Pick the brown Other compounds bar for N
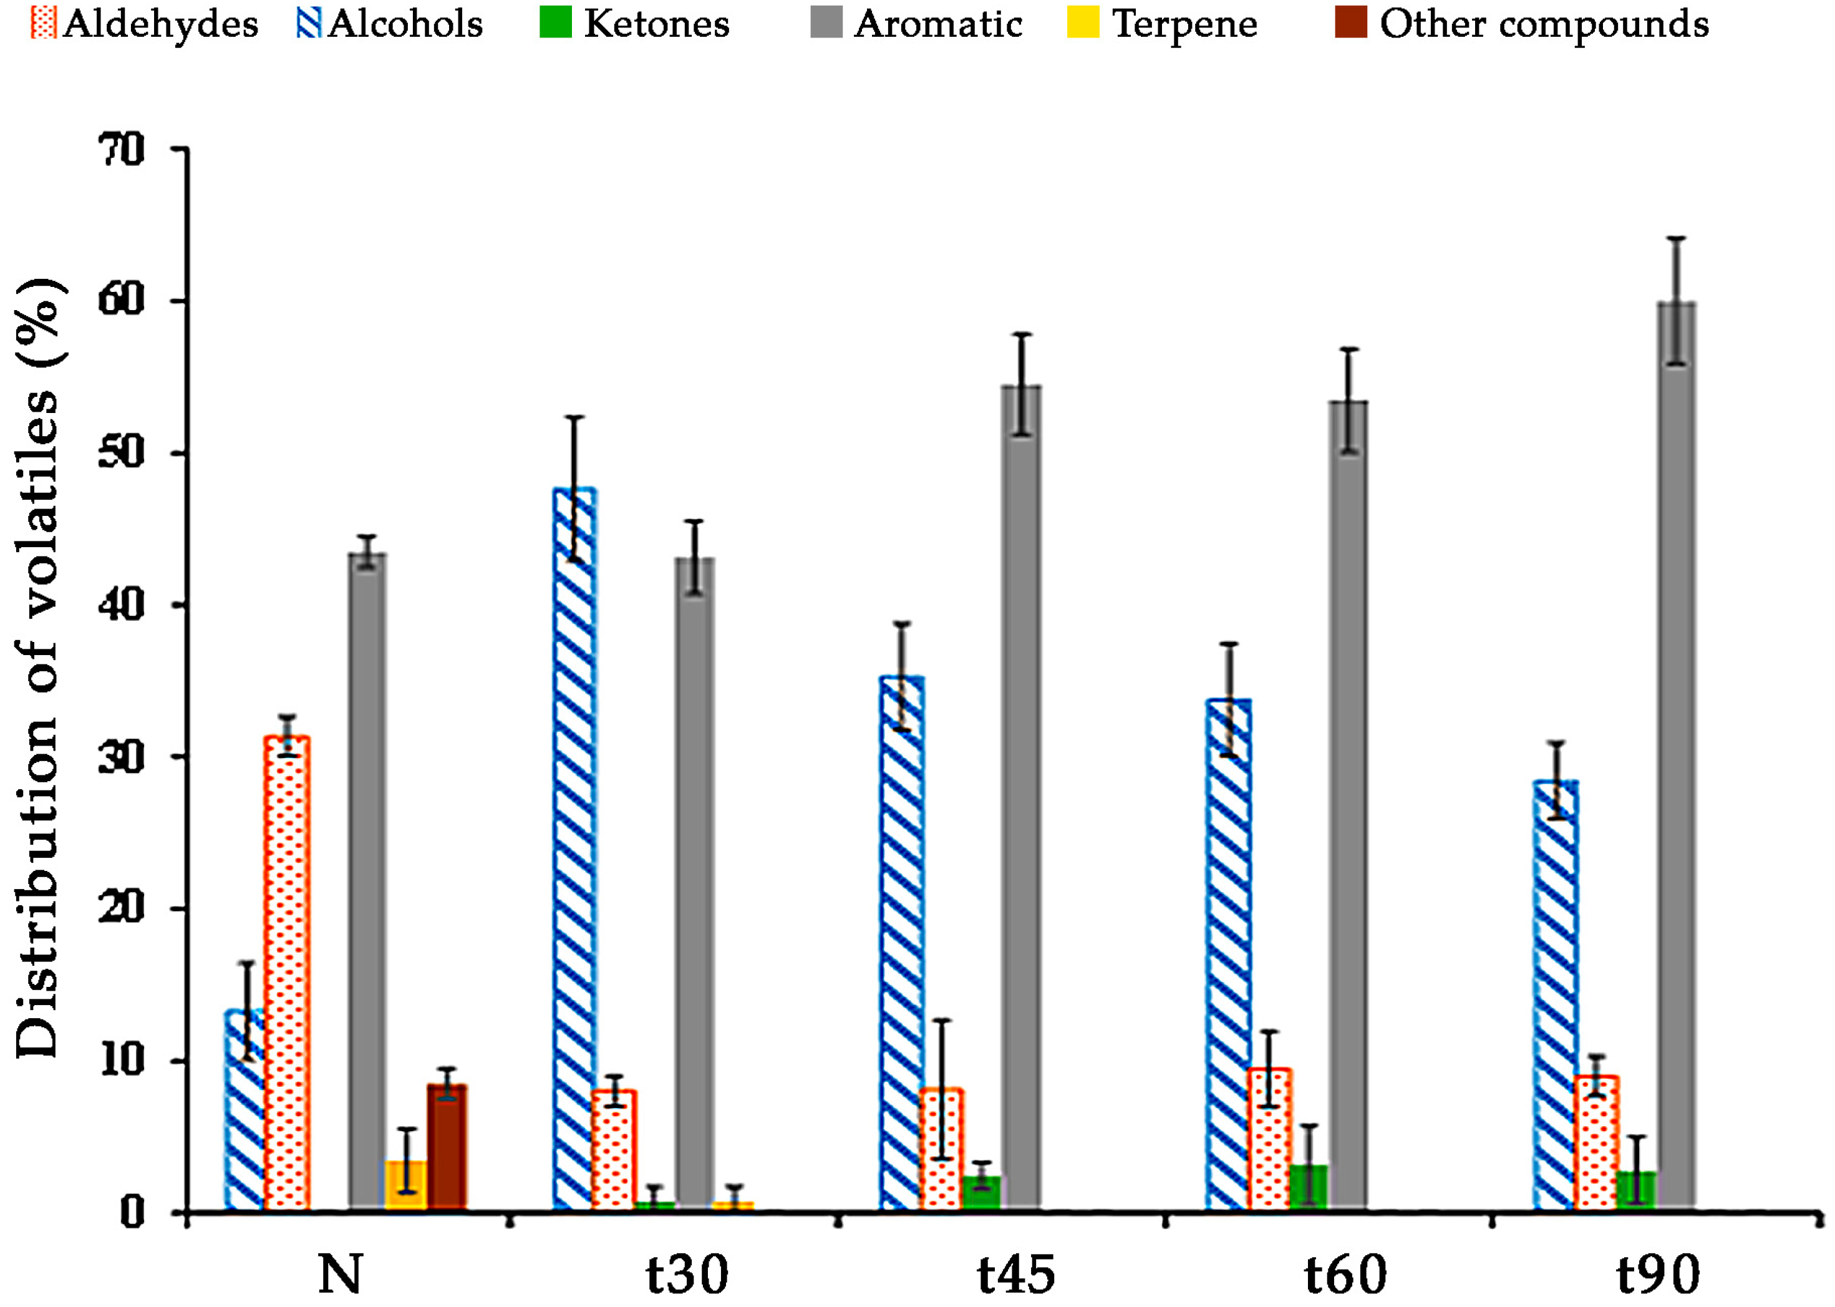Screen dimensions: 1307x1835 pos(447,1147)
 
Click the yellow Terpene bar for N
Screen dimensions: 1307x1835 pos(406,1184)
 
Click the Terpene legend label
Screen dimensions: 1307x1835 pos(1184,24)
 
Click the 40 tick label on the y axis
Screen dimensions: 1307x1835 pos(120,605)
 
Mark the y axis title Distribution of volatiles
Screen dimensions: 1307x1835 pos(39,668)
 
